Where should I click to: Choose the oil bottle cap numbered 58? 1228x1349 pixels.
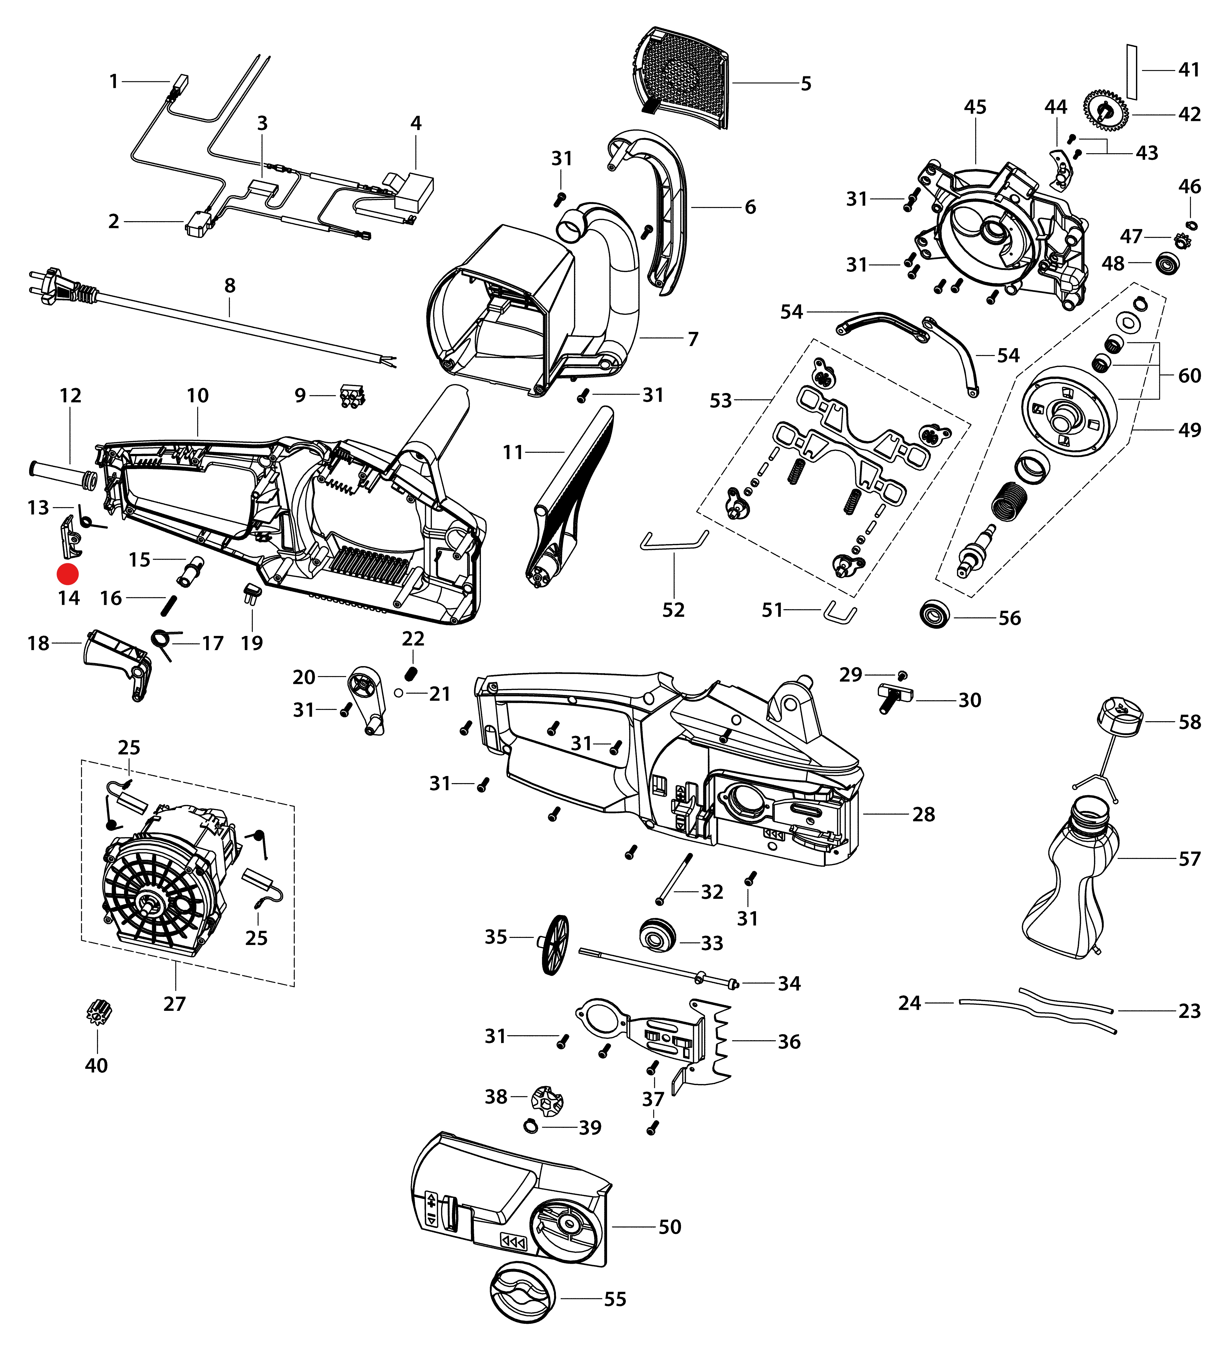coord(1120,718)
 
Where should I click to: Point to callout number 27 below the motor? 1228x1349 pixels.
coord(175,1004)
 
